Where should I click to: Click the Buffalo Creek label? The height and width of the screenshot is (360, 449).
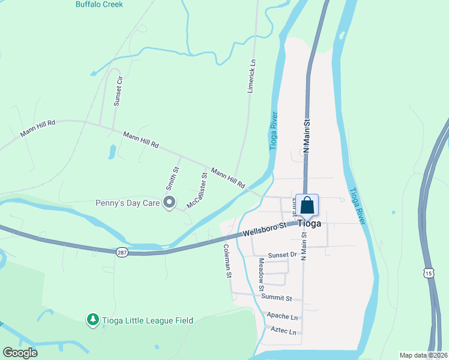[99, 4]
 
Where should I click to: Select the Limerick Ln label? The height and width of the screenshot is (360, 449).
[253, 75]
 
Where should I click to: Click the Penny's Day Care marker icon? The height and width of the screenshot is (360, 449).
[169, 203]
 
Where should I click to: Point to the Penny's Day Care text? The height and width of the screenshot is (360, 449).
[127, 203]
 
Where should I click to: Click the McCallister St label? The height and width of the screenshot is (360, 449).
[197, 191]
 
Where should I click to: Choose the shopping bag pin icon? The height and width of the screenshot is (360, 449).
[307, 205]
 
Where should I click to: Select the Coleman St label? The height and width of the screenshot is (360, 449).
[228, 261]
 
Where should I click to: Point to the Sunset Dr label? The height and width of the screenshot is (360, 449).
[283, 255]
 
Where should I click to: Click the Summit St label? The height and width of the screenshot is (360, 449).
[276, 298]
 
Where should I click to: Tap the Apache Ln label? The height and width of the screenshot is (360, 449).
[283, 316]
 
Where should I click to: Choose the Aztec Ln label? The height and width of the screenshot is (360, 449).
[285, 331]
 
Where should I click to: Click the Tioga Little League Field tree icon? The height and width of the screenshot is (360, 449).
[92, 320]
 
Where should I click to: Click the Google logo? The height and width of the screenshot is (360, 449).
[20, 353]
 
